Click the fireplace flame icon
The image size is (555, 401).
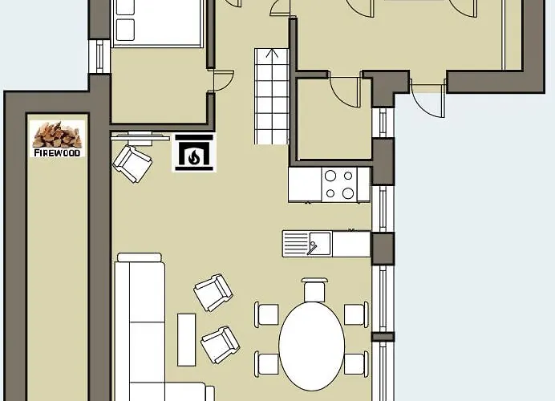click(x=193, y=156)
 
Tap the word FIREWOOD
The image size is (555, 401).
click(x=57, y=153)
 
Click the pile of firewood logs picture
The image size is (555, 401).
click(x=57, y=135)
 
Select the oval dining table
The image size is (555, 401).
click(x=312, y=346)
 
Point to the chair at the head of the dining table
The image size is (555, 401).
click(x=314, y=290)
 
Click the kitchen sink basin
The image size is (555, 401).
click(x=320, y=243)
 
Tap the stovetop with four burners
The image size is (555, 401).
click(x=340, y=184)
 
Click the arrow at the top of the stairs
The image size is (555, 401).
click(x=272, y=53)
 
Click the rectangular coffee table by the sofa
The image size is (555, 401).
click(x=187, y=339)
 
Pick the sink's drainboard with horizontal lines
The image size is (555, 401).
click(x=296, y=243)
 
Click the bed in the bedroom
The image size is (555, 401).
click(x=157, y=22)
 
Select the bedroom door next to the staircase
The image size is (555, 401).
click(x=221, y=81)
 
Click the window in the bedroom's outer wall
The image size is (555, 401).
click(x=99, y=56)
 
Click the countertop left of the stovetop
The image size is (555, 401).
click(x=305, y=184)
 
